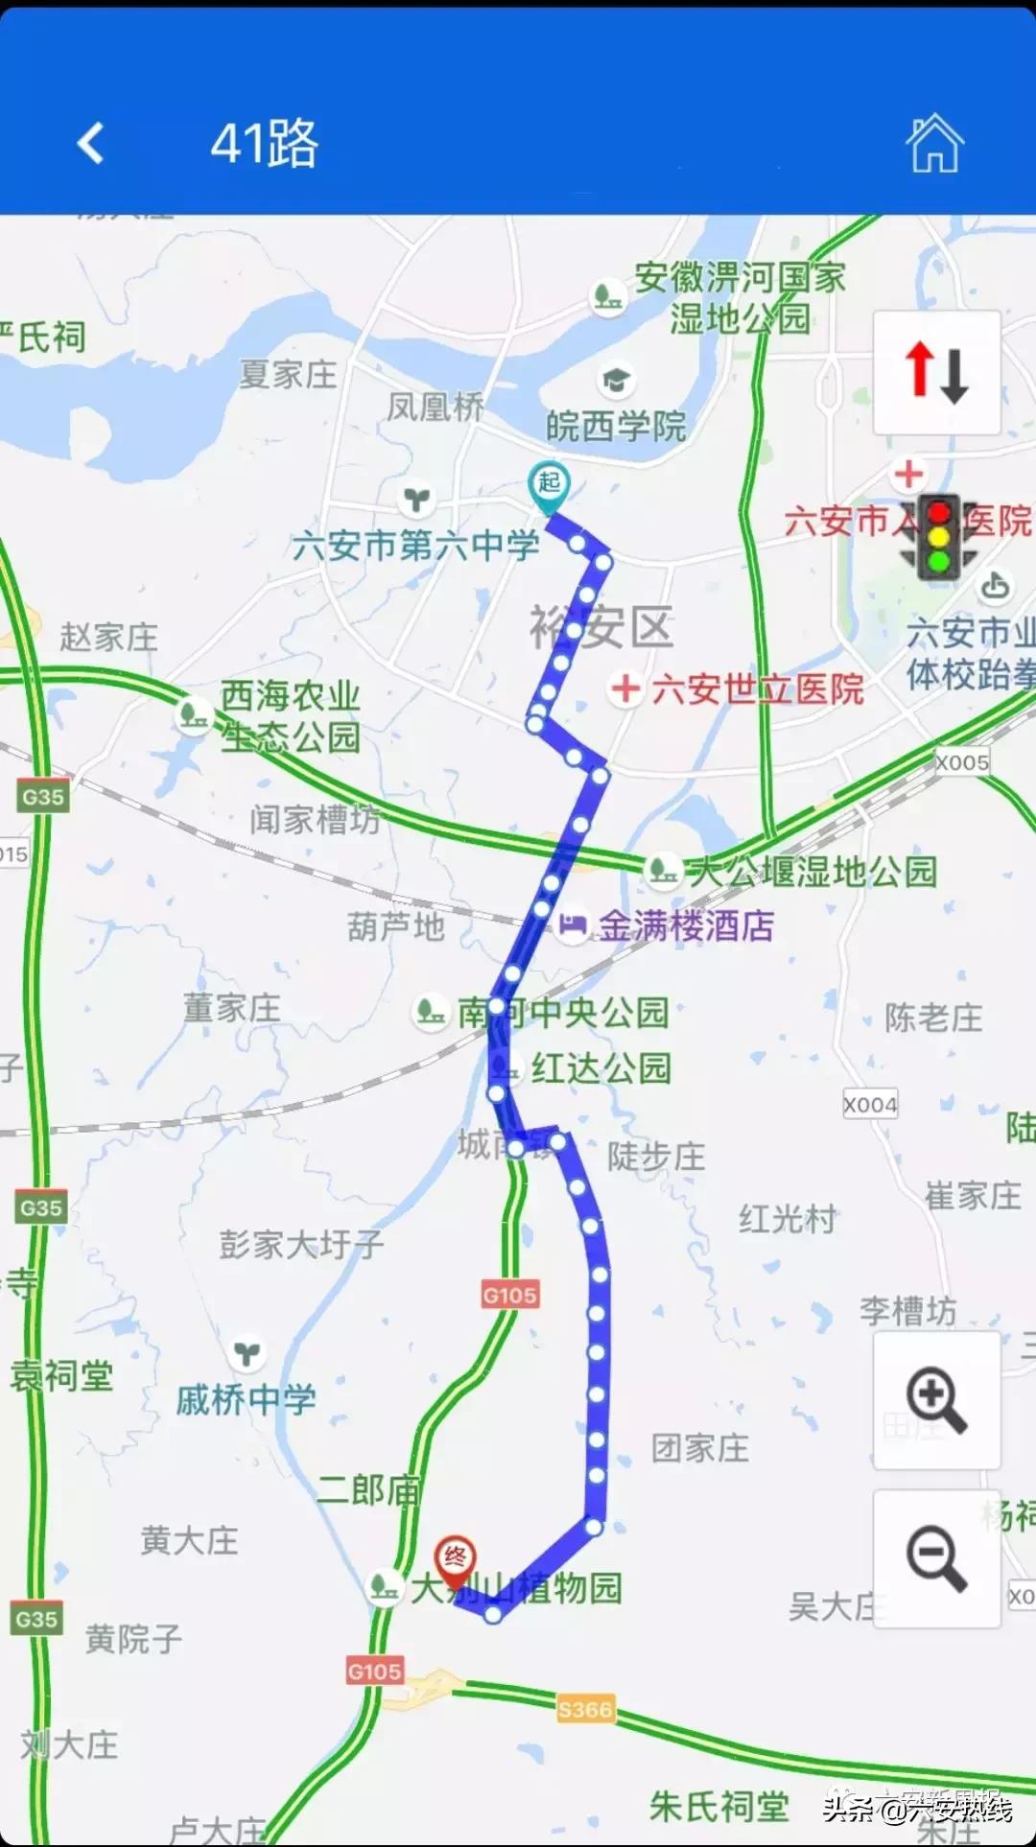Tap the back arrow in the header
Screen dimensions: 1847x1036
point(91,144)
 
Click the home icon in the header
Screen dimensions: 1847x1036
point(934,144)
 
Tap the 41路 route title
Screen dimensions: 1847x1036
point(264,144)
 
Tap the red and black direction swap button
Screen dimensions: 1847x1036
point(936,373)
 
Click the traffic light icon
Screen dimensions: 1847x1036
point(938,537)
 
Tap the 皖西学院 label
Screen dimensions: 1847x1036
point(616,426)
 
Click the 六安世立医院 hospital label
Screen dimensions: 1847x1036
point(757,690)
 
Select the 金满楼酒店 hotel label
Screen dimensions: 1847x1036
point(685,925)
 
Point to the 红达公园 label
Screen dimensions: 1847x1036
point(600,1067)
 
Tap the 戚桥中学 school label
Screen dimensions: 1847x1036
point(247,1400)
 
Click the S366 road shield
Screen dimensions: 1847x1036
point(584,1709)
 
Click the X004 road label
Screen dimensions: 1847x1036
point(870,1105)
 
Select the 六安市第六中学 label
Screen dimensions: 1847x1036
point(415,546)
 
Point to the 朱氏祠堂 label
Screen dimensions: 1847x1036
point(718,1807)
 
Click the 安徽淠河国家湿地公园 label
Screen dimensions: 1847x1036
point(740,298)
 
